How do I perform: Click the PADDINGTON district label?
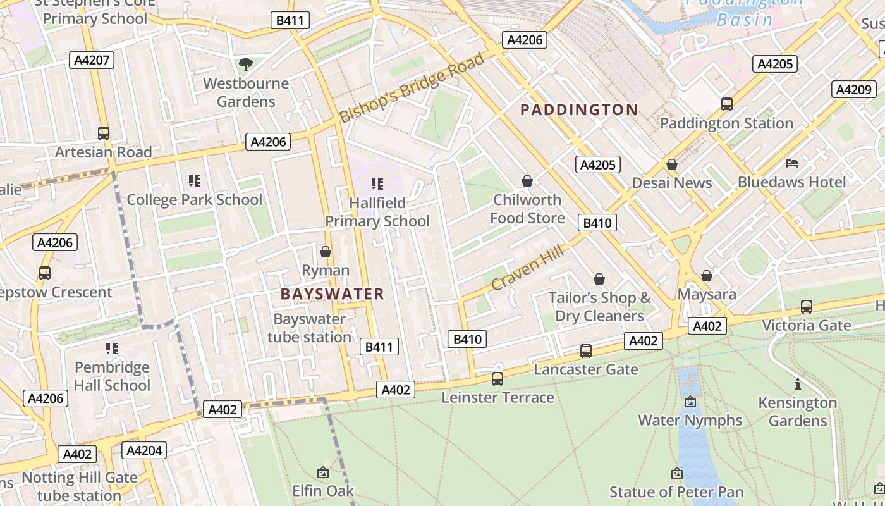click(579, 110)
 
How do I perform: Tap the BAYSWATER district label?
click(333, 294)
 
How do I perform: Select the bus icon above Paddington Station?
click(727, 104)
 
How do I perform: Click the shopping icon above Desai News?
click(672, 164)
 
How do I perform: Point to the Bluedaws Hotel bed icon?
click(792, 163)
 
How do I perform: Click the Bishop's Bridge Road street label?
click(412, 88)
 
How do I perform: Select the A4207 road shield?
click(92, 60)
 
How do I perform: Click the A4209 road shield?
click(853, 89)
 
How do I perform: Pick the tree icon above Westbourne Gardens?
click(246, 64)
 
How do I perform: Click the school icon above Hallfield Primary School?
click(377, 184)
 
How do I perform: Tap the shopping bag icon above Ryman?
click(326, 252)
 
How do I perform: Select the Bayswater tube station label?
click(309, 328)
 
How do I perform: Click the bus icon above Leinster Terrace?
click(497, 378)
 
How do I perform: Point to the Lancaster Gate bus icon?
click(586, 350)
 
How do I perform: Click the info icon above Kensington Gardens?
click(798, 384)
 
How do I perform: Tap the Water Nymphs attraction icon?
click(690, 402)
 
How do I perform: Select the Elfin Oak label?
click(322, 491)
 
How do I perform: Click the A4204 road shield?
click(144, 450)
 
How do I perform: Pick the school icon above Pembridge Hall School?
click(112, 348)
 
